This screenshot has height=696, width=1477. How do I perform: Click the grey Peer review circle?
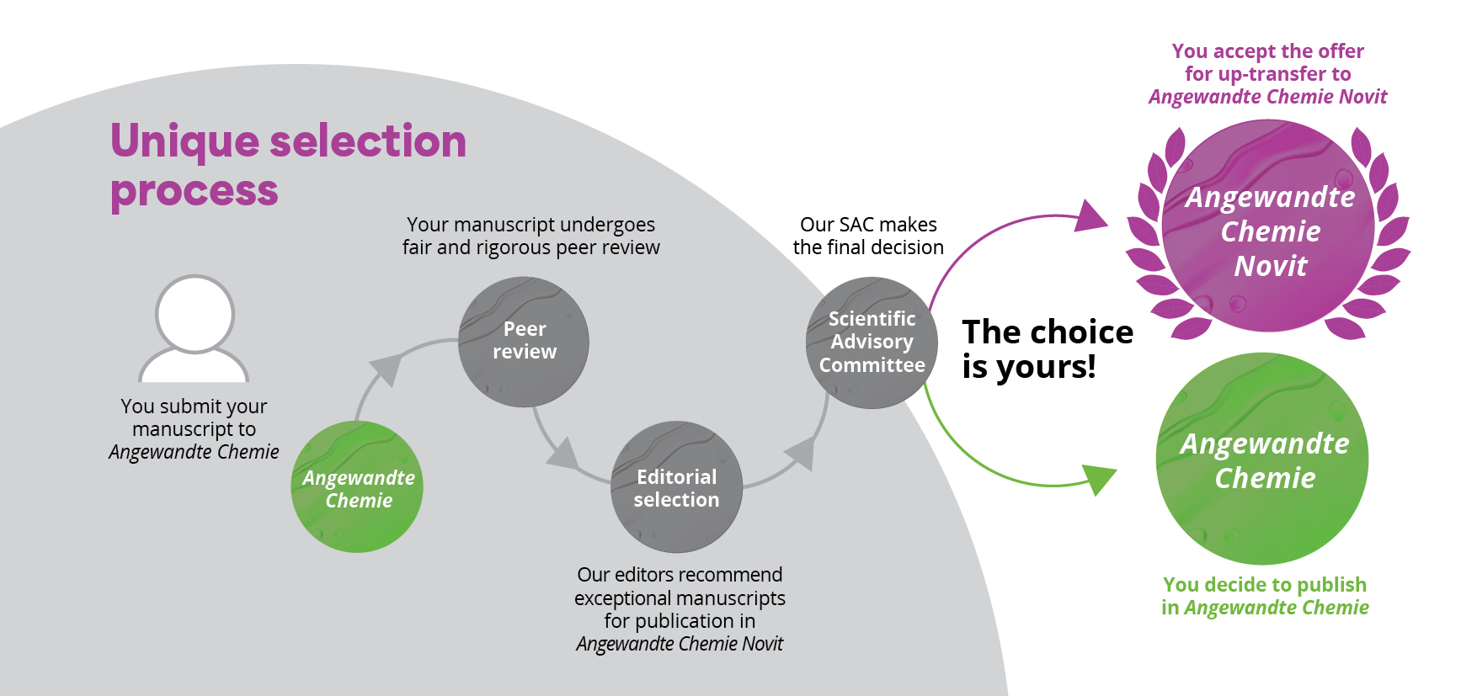pos(523,342)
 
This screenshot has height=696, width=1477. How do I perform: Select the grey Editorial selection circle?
pos(676,487)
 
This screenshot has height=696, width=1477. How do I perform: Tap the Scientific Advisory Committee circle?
pos(872,343)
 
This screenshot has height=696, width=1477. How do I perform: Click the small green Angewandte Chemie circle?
pos(357,487)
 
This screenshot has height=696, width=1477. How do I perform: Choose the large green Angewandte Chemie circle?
pos(1263,459)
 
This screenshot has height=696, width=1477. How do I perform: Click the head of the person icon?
pos(195,314)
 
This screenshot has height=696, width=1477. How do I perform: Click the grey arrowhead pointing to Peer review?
pos(386,367)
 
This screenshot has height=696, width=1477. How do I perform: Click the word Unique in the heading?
pos(182,141)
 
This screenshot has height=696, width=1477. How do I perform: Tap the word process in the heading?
pos(194,191)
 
